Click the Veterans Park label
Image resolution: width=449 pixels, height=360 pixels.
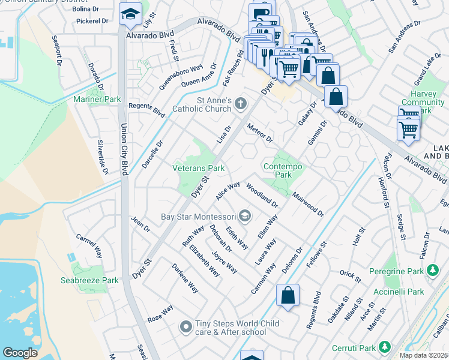click(199, 169)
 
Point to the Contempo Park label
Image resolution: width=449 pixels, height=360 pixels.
click(282, 170)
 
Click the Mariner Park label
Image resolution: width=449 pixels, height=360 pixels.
click(93, 99)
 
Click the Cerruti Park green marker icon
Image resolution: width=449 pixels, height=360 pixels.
click(385, 347)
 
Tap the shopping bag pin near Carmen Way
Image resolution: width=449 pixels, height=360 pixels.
click(288, 295)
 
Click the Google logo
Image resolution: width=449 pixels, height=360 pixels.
click(20, 353)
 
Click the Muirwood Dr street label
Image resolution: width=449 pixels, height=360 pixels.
click(308, 204)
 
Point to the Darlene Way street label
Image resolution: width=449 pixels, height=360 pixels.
click(185, 278)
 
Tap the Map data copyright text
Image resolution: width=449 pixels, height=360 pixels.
click(424, 355)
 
